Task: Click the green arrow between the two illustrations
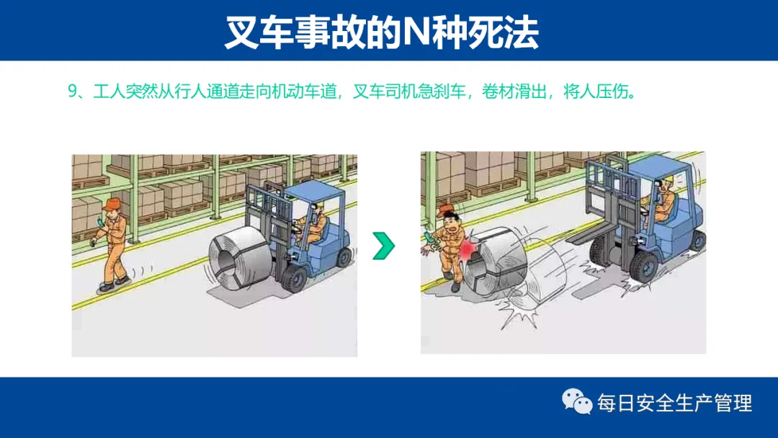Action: point(384,246)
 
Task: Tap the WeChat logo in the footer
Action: point(576,401)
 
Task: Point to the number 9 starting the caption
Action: point(73,91)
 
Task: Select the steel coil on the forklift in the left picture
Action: point(241,260)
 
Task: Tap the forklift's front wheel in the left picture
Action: point(295,278)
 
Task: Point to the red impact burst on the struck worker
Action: point(467,248)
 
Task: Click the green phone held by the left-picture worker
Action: point(101,222)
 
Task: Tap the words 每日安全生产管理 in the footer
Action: point(675,402)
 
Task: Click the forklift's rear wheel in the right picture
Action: point(697,241)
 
